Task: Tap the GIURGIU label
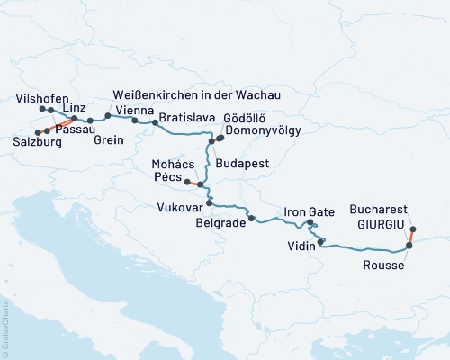click(381, 231)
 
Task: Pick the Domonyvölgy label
click(265, 130)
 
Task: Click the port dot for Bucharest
click(413, 229)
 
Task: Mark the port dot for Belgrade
click(252, 218)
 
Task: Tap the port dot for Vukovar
click(209, 203)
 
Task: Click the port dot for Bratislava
click(155, 121)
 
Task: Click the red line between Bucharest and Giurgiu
click(412, 237)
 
